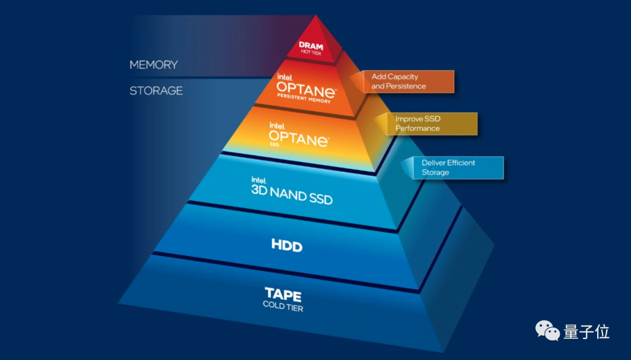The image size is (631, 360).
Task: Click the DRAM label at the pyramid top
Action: (x=311, y=45)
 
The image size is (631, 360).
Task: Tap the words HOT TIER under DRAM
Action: (x=311, y=53)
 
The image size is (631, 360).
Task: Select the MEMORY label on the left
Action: (x=154, y=64)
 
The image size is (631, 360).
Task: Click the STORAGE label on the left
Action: (x=156, y=91)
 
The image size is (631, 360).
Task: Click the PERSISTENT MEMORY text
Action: (x=304, y=100)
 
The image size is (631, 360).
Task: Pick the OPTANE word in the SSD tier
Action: (x=299, y=139)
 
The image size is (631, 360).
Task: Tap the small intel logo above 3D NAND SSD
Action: (x=259, y=180)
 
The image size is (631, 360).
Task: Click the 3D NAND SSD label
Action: (x=292, y=195)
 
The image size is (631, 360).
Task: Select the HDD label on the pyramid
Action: (x=287, y=245)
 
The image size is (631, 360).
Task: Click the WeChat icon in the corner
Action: (x=547, y=331)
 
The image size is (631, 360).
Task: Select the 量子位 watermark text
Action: (x=587, y=332)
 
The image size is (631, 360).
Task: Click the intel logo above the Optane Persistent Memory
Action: (x=284, y=77)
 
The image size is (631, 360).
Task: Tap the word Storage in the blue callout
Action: (x=435, y=172)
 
